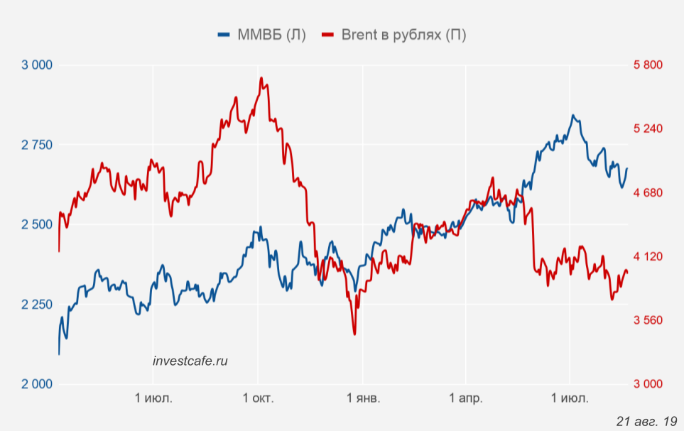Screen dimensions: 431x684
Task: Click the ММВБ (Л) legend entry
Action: pos(262,35)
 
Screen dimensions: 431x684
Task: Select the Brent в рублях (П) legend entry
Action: pos(394,35)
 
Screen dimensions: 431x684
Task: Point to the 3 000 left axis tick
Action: pos(37,65)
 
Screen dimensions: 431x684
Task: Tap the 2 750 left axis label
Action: pos(37,145)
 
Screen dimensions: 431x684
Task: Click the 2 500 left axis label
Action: pos(37,225)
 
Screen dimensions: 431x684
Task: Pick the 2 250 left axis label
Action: pos(37,305)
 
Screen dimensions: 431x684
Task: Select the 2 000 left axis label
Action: pos(37,384)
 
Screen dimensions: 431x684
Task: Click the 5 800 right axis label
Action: pos(647,65)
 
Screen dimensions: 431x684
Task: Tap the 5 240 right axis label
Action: pos(647,129)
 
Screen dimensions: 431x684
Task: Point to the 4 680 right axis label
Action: pos(647,192)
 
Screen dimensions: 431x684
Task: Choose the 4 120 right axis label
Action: pos(647,256)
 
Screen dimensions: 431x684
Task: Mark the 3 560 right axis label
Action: pos(647,320)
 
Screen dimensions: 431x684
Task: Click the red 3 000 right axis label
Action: pos(647,384)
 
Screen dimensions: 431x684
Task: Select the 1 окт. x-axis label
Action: pos(259,398)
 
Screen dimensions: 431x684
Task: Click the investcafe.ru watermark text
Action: pos(190,361)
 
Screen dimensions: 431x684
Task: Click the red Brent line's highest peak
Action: pos(261,78)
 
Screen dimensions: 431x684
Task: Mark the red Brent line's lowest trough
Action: pos(354,334)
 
